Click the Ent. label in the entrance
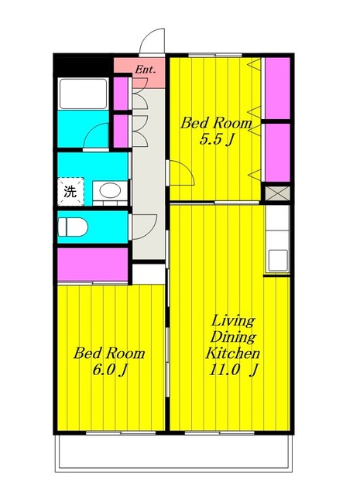click(x=146, y=70)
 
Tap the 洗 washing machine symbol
click(x=70, y=191)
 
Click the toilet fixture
click(x=73, y=227)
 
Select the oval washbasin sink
click(x=110, y=191)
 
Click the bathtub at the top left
click(x=83, y=94)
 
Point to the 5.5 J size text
click(x=217, y=139)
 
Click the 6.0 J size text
click(x=109, y=370)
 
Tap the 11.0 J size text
click(x=233, y=370)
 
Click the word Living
click(x=233, y=321)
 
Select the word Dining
click(x=233, y=337)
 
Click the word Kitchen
click(x=233, y=353)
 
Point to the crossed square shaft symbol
click(x=277, y=193)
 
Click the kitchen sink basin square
click(x=278, y=260)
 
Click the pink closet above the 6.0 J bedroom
click(x=93, y=265)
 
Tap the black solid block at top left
click(x=83, y=65)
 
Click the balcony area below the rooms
click(x=173, y=452)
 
